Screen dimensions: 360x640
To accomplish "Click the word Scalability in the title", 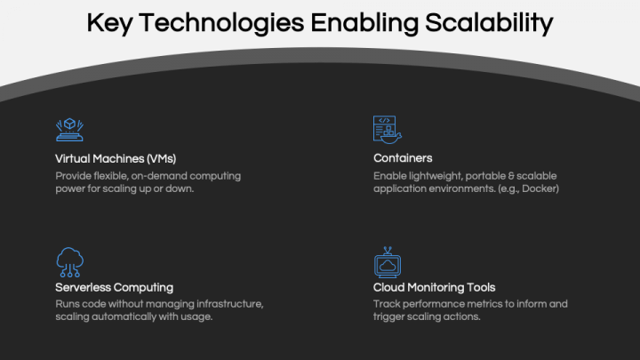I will tap(491, 23).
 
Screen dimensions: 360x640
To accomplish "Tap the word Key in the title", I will tap(111, 23).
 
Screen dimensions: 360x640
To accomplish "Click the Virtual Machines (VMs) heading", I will tap(116, 158).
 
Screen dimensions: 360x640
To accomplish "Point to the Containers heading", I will tap(403, 158).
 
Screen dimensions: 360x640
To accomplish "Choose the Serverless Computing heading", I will tap(115, 287).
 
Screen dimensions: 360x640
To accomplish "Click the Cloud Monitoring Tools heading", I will tap(435, 287).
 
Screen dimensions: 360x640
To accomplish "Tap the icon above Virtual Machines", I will tap(69, 130).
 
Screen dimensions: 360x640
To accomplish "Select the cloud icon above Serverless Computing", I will tap(69, 262).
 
